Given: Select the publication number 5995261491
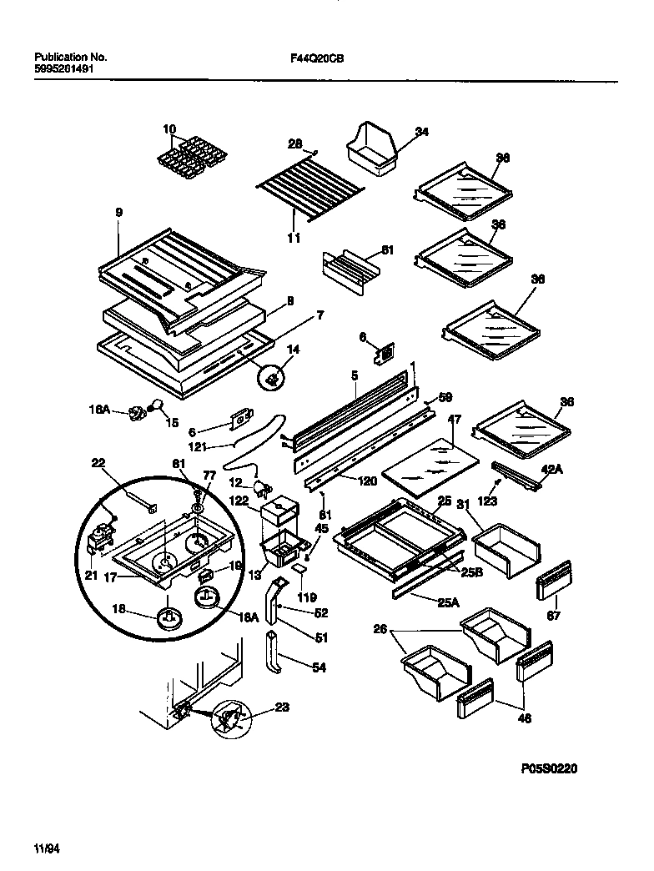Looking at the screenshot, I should tap(64, 70).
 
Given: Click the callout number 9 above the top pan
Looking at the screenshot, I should tap(119, 213).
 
